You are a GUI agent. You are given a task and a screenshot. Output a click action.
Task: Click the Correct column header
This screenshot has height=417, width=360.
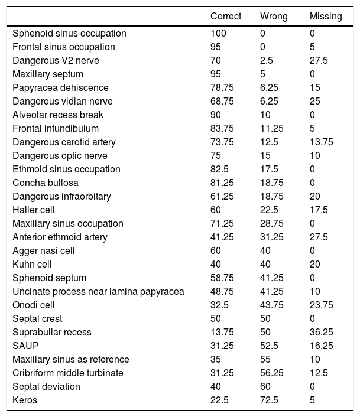(x=225, y=16)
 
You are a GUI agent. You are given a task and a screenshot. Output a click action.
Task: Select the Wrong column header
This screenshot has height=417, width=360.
(x=274, y=16)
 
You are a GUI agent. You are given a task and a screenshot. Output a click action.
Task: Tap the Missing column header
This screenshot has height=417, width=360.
(x=326, y=16)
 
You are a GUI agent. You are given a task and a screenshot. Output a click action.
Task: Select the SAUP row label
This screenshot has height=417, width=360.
(x=24, y=346)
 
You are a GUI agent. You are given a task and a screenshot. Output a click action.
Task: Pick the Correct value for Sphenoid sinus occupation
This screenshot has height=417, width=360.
(x=218, y=34)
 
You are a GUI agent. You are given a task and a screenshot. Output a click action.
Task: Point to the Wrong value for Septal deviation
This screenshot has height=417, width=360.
(x=265, y=386)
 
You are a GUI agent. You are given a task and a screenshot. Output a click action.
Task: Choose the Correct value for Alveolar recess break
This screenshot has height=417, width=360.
(x=216, y=115)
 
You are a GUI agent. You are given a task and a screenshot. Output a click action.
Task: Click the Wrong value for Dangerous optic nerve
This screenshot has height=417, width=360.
(x=265, y=155)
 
